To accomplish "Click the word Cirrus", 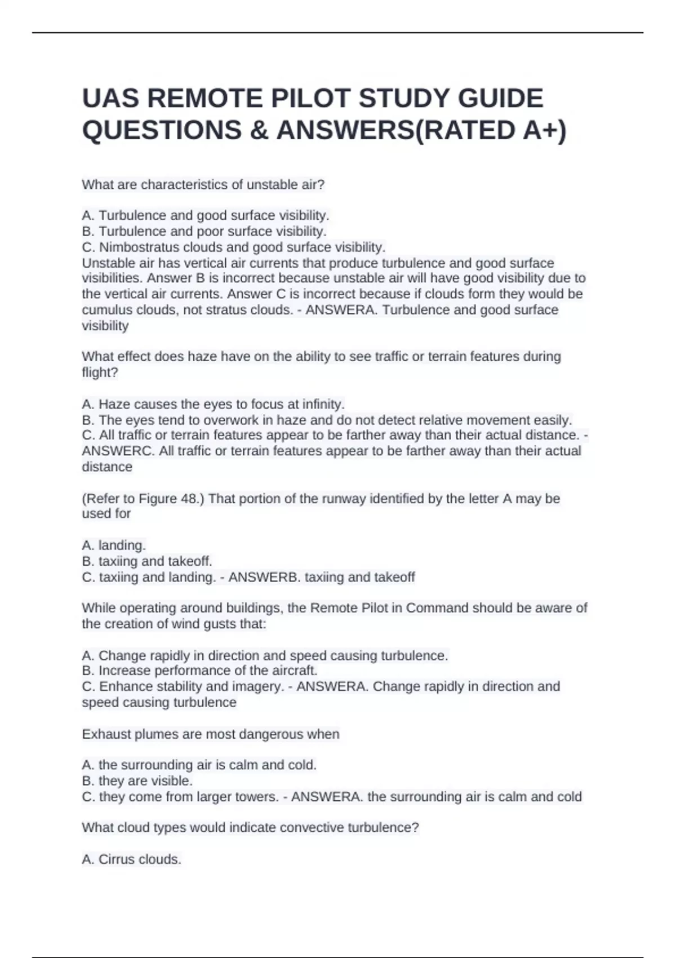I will (x=117, y=859).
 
